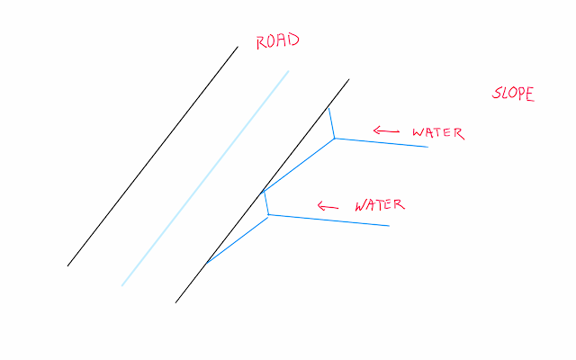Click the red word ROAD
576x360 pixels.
[x=276, y=41]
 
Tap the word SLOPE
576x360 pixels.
[x=512, y=94]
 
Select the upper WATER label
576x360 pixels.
[x=437, y=133]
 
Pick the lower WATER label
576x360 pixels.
[x=379, y=205]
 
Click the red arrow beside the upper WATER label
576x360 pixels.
[x=386, y=132]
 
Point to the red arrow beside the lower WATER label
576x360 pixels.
[x=328, y=206]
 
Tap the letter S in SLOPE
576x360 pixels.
[x=497, y=93]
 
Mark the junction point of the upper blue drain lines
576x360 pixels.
[x=334, y=139]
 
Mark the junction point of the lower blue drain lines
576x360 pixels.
[x=269, y=214]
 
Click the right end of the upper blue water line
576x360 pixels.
[x=427, y=147]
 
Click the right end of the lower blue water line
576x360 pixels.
[x=389, y=225]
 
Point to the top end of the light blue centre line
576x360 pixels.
[x=288, y=70]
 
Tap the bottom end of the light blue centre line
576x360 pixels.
[x=121, y=286]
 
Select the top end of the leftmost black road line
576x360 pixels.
[x=238, y=47]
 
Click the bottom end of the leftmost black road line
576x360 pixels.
[x=67, y=265]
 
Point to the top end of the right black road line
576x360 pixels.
[x=348, y=79]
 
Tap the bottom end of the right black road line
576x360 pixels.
[x=175, y=302]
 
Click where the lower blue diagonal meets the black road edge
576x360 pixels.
[x=205, y=265]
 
